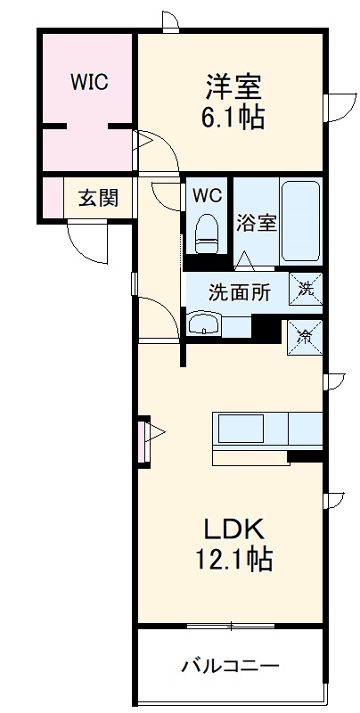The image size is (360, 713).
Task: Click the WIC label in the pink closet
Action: [x=89, y=82]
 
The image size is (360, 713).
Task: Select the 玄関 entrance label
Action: [x=97, y=198]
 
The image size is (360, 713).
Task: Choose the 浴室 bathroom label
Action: [x=257, y=223]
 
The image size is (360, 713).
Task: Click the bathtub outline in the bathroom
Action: [x=300, y=220]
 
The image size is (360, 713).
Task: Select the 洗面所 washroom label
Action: [x=240, y=291]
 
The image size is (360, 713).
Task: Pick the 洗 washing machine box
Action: [x=306, y=287]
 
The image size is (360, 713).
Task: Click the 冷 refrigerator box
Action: [x=305, y=337]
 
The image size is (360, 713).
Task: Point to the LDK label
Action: [x=234, y=529]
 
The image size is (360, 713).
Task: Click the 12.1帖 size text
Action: [x=234, y=559]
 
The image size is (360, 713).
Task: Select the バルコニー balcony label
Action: [x=231, y=665]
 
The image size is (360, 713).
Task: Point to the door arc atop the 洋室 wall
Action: [x=168, y=20]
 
